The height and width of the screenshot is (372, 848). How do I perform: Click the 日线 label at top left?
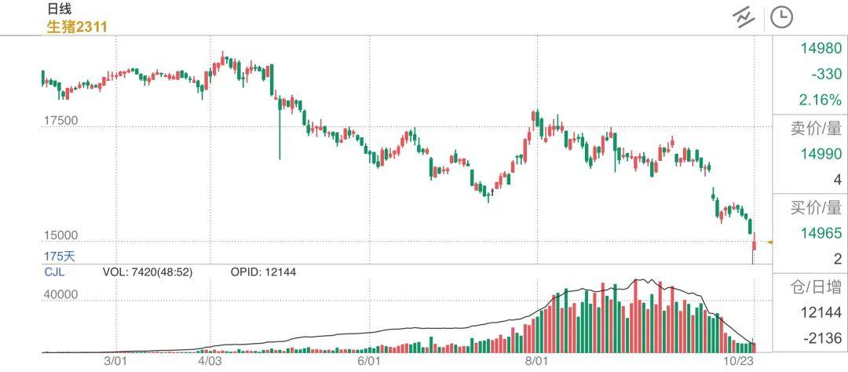59,9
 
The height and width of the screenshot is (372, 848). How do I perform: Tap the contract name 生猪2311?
77,26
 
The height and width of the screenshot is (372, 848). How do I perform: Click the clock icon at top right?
781,17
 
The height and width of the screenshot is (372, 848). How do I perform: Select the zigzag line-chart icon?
744,17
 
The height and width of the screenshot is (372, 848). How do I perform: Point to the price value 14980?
821,49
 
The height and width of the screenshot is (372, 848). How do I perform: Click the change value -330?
826,75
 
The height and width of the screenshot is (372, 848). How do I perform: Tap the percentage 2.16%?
820,100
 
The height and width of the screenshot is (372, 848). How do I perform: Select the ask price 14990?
821,154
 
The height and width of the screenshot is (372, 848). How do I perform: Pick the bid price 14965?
821,233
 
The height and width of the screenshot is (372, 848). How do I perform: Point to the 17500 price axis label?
60,121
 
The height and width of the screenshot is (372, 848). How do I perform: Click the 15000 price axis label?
60,235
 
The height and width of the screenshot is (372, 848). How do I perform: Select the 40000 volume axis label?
60,295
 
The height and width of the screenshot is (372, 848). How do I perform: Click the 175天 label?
60,256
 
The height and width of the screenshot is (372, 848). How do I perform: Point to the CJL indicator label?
54,272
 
